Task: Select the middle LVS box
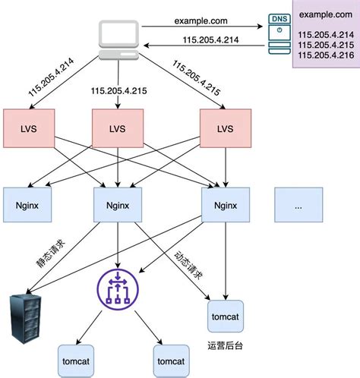117,128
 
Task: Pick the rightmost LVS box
225,128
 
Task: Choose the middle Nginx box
117,204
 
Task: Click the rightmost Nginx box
225,204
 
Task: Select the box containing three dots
299,204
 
